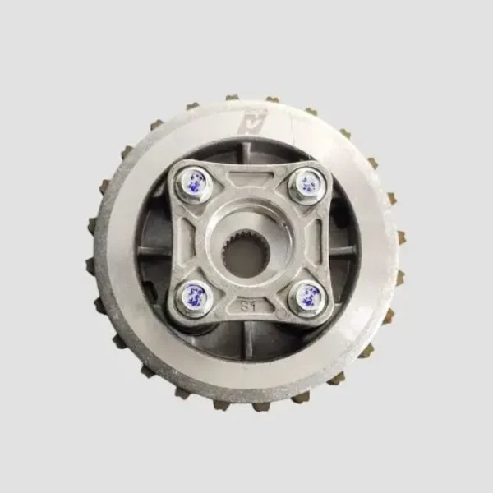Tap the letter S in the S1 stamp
[244, 305]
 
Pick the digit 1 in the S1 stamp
[253, 305]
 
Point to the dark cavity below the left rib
[158, 275]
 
